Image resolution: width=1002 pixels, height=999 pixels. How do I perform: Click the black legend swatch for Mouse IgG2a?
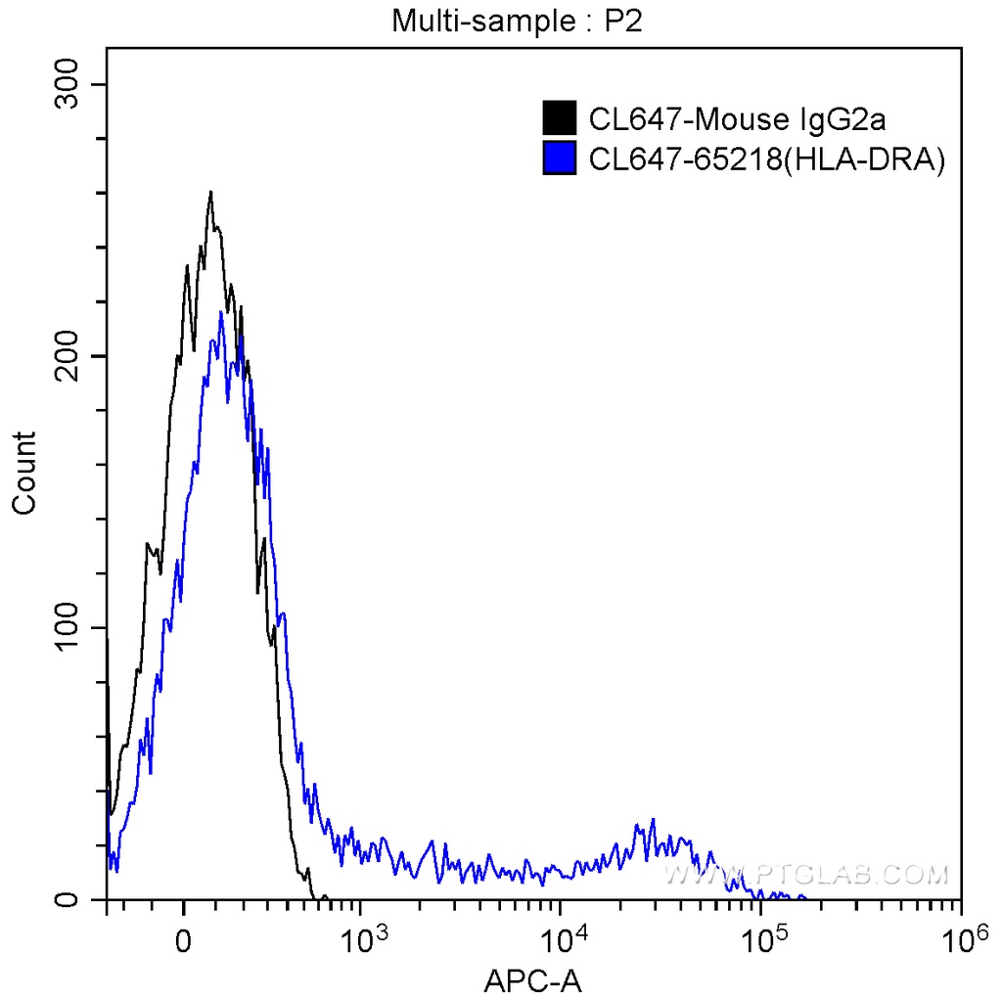point(558,118)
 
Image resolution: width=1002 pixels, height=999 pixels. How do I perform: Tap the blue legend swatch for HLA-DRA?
point(558,158)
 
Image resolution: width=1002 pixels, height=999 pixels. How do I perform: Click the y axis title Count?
point(24,473)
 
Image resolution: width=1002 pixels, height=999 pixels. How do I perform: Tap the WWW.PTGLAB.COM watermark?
point(805,873)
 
